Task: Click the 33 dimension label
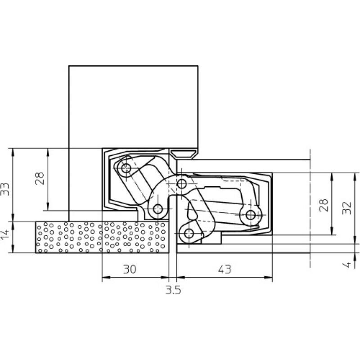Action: [x=4, y=189]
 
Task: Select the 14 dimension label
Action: [x=4, y=233]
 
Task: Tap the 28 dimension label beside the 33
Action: [x=40, y=178]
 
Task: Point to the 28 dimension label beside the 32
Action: [x=324, y=205]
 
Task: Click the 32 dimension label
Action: [x=346, y=208]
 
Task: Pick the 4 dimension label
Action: [x=347, y=265]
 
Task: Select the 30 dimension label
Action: [x=130, y=269]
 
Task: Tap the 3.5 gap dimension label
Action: [x=173, y=290]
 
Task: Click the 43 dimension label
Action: [x=225, y=269]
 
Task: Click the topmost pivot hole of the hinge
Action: [x=126, y=168]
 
